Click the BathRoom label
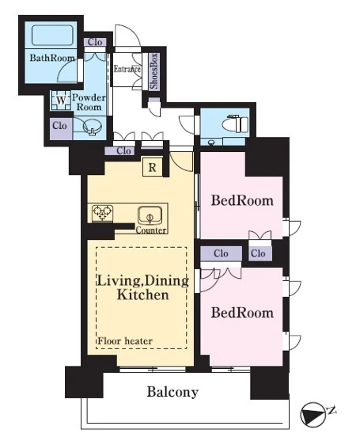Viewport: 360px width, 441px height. [52, 58]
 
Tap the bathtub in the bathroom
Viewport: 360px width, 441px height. [52, 35]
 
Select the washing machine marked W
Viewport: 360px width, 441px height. [61, 101]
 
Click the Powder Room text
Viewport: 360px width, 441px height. [89, 102]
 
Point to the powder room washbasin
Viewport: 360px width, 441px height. [93, 127]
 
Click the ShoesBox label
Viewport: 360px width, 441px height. [154, 71]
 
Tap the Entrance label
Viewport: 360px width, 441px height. [127, 69]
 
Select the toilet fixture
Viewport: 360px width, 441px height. [235, 124]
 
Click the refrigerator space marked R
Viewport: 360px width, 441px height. [152, 167]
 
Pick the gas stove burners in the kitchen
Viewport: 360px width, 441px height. [103, 214]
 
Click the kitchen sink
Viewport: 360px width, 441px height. [150, 215]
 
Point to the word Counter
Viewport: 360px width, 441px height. [151, 230]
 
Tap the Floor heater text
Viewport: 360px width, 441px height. [125, 341]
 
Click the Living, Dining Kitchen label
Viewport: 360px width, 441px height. [142, 287]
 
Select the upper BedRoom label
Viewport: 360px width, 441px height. [242, 200]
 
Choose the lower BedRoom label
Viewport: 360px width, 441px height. [242, 313]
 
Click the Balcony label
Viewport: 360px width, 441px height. [172, 392]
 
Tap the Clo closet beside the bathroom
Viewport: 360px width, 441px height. [95, 42]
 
